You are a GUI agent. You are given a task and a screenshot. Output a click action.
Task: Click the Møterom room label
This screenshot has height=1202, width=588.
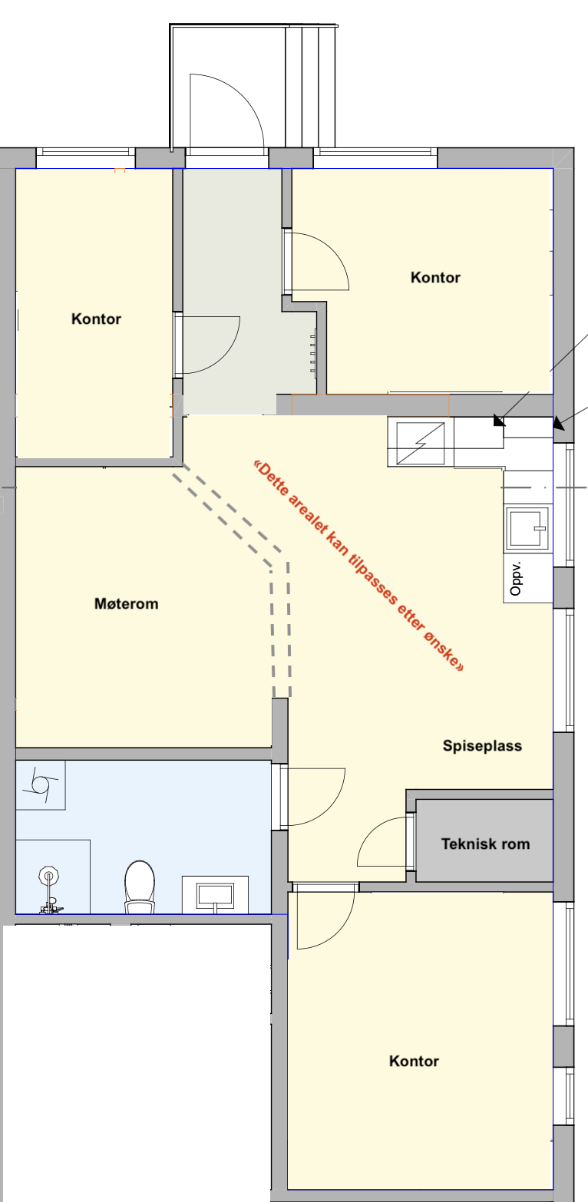pos(126,604)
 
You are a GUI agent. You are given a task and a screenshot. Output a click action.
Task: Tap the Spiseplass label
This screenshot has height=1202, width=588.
pos(482,745)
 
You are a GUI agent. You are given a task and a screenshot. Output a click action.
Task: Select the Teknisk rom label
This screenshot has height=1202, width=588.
pos(485,844)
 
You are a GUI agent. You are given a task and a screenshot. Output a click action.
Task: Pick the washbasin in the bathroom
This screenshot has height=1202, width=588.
pos(215,895)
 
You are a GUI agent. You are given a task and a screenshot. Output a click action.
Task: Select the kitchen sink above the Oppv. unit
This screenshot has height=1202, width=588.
pos(527,529)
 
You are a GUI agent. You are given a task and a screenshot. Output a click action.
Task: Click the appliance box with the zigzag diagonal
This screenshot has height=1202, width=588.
pos(419,444)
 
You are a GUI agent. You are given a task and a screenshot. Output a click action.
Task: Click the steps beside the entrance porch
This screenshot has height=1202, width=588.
pos(311,84)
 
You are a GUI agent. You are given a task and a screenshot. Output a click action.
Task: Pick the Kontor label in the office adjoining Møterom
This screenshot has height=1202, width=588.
pos(96,319)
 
